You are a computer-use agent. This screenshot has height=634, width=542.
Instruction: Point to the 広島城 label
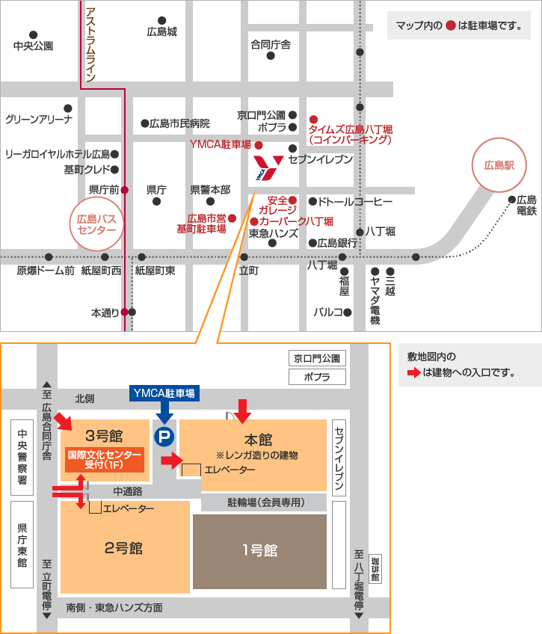tap(161, 32)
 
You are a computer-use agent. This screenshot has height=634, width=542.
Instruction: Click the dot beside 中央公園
tap(33, 34)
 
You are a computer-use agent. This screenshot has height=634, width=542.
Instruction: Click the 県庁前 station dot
tap(125, 189)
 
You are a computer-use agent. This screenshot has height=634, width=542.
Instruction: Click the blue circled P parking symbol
tap(162, 435)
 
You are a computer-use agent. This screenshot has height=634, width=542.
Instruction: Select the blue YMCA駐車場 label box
tap(164, 393)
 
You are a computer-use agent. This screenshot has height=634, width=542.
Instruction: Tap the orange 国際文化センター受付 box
tap(105, 459)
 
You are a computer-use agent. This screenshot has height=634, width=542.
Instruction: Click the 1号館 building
tap(259, 551)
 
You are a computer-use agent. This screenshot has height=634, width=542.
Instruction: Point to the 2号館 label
tap(124, 548)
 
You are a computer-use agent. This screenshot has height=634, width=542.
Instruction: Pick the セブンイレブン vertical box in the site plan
tap(339, 457)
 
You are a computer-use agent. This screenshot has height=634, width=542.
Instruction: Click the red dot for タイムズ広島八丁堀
tap(314, 118)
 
